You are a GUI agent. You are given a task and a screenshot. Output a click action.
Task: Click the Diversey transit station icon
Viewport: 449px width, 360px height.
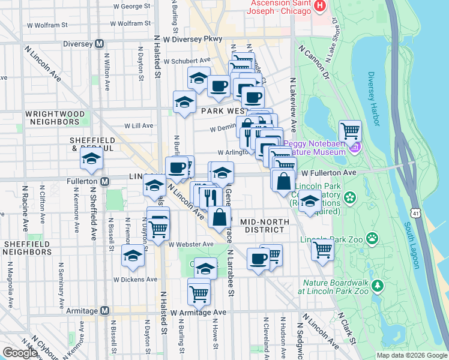coord(100,43)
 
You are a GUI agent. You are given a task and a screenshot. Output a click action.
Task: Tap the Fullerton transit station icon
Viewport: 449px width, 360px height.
coord(105,181)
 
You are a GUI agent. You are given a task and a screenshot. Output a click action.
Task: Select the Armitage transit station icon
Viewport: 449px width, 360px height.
coord(105,310)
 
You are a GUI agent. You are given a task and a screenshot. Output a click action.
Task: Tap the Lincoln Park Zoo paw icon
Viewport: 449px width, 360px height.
coord(373,239)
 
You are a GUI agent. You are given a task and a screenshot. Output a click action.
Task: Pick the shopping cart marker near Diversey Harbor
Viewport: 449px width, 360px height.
coord(350,130)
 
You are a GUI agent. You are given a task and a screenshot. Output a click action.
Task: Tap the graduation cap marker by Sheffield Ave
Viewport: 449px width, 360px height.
coord(91,159)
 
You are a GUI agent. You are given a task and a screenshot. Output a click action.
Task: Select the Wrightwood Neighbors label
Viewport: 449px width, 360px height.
coord(52,117)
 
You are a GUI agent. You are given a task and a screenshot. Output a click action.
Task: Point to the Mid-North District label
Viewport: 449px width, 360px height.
coord(265,222)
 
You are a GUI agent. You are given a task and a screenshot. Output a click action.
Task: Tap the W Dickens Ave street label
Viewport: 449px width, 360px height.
coord(136,279)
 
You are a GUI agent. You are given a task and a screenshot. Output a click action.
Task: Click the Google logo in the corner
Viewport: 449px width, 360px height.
coord(20,352)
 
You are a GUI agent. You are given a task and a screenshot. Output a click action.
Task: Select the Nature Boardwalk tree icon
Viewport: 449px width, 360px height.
coord(377,287)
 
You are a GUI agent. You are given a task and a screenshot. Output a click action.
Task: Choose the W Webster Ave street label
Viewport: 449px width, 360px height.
coord(191,244)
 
